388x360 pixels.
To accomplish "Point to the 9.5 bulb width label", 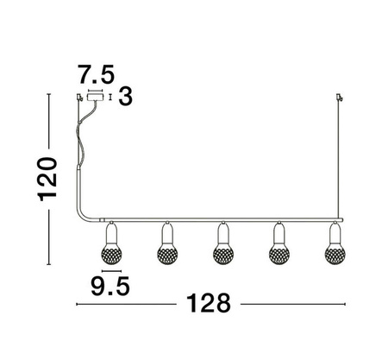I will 109,286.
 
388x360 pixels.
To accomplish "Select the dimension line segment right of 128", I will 293,305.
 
